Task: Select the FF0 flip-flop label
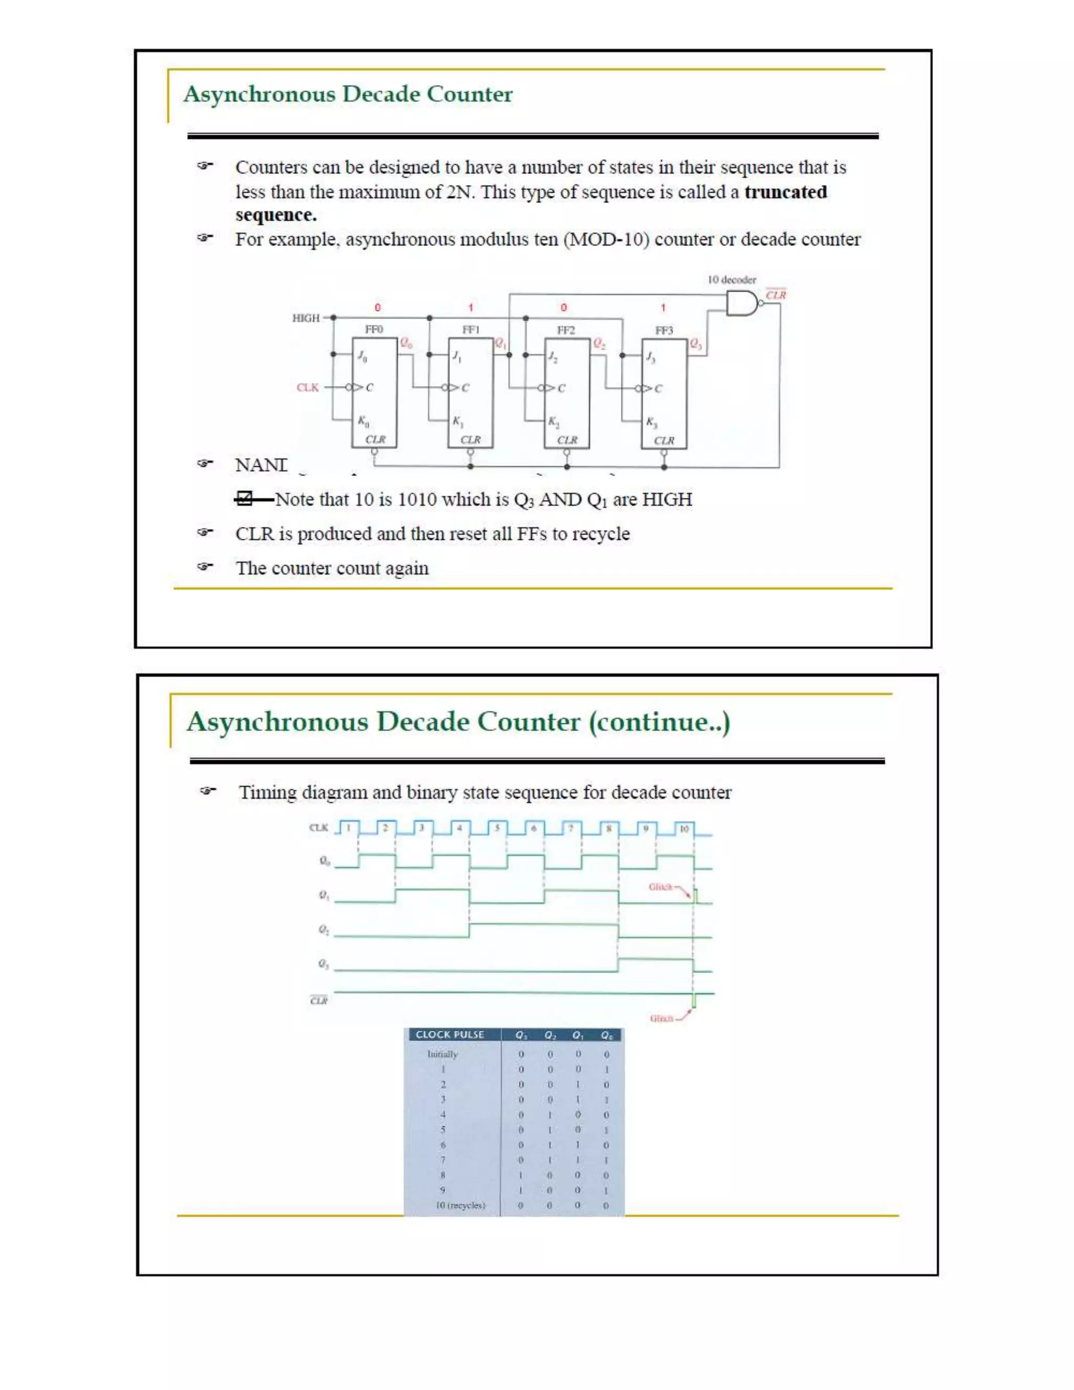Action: [374, 329]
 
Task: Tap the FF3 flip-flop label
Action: [663, 330]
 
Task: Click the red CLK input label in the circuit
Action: [308, 387]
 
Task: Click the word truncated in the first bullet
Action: [785, 191]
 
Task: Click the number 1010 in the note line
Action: [417, 499]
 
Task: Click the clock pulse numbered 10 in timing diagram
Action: [683, 829]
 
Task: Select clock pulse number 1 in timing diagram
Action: [349, 828]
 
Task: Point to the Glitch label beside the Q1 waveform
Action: [660, 886]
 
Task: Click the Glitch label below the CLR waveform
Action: [661, 1018]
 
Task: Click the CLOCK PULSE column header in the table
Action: [450, 1034]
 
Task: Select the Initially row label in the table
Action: [442, 1054]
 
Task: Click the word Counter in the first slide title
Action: [469, 94]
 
